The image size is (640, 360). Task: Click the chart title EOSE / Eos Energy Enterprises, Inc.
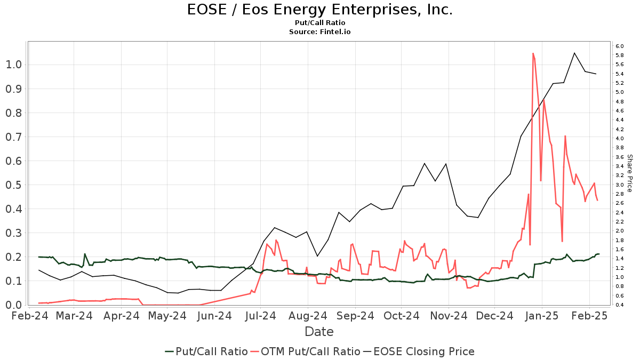320,10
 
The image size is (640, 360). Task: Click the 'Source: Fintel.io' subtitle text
320,32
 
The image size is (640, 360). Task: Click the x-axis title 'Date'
319,332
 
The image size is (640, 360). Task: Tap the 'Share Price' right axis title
629,173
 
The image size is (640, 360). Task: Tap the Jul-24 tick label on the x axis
261,316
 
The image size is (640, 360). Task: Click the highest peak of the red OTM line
533,53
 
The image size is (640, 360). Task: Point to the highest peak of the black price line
574,53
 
